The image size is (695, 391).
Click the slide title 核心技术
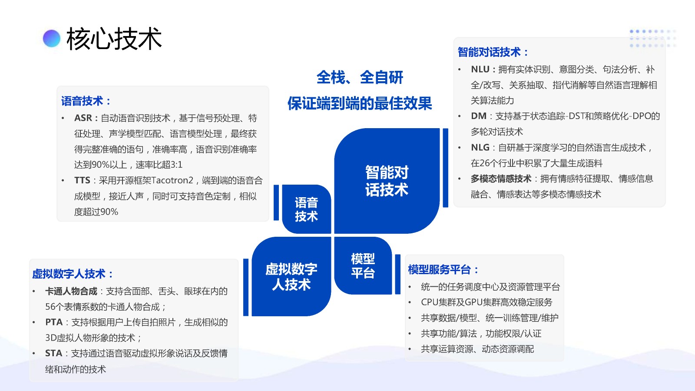tap(114, 39)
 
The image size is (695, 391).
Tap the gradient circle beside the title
tap(52, 39)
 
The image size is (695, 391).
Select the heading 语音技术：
tap(86, 101)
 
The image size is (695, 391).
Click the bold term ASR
tap(83, 118)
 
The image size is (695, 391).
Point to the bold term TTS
tap(82, 180)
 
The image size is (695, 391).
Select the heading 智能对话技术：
tap(493, 53)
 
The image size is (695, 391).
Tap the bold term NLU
tap(480, 70)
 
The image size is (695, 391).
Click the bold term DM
tap(478, 116)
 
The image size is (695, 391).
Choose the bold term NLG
tap(480, 148)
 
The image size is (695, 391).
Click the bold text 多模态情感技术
tap(501, 179)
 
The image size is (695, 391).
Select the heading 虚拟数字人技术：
tap(73, 274)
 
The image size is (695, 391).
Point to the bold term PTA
tap(54, 322)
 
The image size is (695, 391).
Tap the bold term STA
tap(54, 354)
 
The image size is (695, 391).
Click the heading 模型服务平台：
tap(443, 270)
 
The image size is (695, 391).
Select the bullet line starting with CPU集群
tap(486, 302)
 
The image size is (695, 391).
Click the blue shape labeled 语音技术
tap(306, 209)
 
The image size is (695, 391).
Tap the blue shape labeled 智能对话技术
tap(387, 181)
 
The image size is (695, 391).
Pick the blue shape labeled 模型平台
tap(363, 266)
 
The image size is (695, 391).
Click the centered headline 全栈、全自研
tap(360, 78)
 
